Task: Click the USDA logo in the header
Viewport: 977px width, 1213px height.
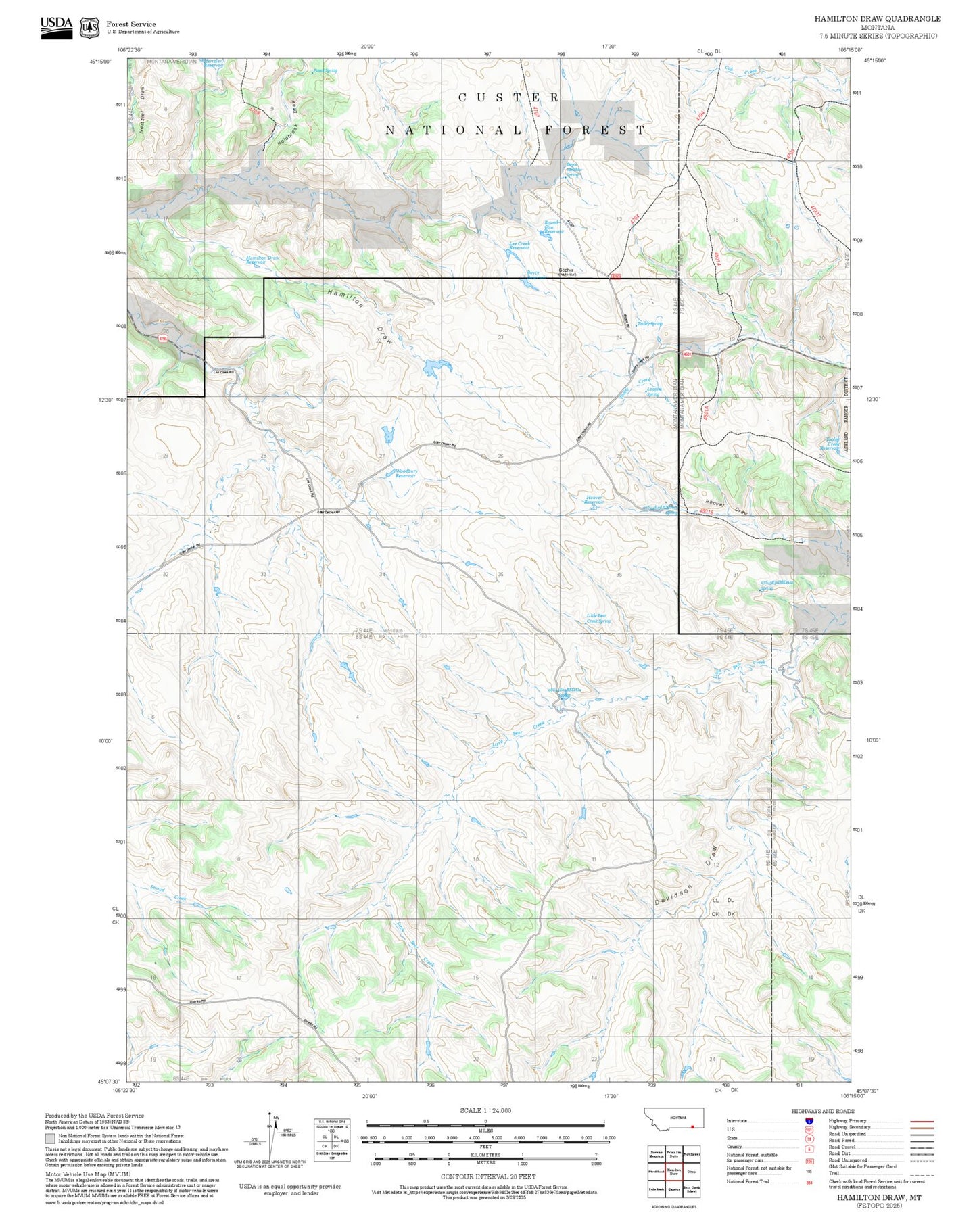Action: click(56, 27)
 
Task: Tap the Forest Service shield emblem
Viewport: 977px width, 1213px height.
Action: click(89, 28)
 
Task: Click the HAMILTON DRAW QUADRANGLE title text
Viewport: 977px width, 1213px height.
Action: click(877, 19)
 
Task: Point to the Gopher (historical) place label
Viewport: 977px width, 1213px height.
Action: click(567, 272)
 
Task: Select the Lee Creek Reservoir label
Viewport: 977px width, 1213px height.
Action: click(519, 246)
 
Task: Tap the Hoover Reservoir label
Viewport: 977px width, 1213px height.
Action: click(594, 500)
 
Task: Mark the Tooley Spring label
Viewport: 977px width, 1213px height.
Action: click(650, 324)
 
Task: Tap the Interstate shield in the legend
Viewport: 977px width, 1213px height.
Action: click(809, 1120)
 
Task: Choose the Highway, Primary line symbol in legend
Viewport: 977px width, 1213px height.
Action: click(922, 1121)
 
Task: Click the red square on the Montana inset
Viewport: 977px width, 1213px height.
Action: click(692, 1126)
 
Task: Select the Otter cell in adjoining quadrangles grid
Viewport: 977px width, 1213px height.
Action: click(691, 1171)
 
